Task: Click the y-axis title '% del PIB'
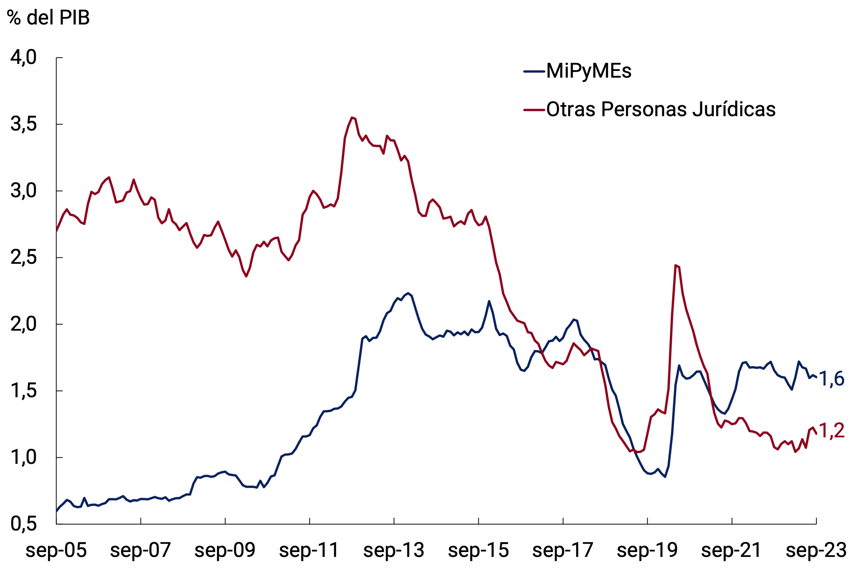point(48,18)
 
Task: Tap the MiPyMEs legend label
point(588,71)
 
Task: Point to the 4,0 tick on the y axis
point(23,57)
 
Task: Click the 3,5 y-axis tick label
point(23,124)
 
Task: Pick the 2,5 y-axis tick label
point(23,257)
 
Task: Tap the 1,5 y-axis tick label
point(23,391)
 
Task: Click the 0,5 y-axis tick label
point(23,524)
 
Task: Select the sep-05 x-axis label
point(56,550)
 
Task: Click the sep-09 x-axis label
point(225,550)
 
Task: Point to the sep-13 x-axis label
point(394,550)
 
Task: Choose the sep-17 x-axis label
point(563,550)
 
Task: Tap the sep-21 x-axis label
point(731,550)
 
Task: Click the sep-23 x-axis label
point(816,550)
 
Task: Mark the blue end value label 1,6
point(831,379)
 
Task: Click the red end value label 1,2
point(831,430)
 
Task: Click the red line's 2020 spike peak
point(676,265)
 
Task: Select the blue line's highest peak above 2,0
point(408,293)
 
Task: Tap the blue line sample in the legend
point(534,71)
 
